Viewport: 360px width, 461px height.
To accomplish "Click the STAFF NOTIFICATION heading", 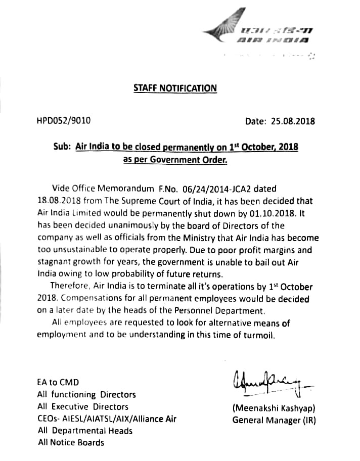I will tap(175, 88).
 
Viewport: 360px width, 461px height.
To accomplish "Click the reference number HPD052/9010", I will tap(64, 121).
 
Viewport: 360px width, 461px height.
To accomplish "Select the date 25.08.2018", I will tap(294, 121).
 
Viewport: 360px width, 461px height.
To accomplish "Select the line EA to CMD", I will tap(58, 382).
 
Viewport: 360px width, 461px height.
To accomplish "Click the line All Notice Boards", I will tap(71, 442).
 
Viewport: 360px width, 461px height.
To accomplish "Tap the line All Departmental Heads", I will tap(85, 431).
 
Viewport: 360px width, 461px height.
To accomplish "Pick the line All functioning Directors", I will tap(86, 394).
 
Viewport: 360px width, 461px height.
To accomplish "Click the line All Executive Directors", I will tap(83, 406).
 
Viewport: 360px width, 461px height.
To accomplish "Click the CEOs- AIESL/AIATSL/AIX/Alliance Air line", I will tap(107, 419).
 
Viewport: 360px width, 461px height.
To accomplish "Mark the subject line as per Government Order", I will tap(175, 159).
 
